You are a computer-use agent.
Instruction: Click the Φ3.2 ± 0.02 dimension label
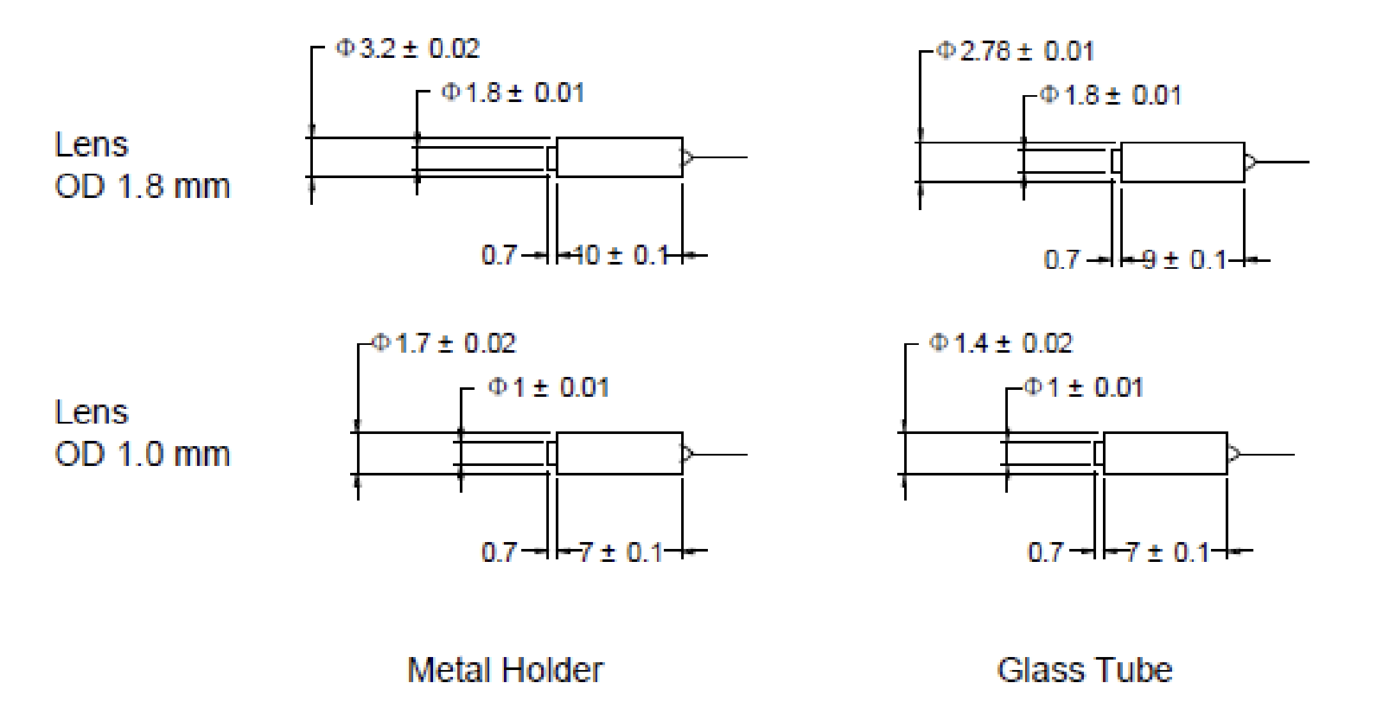point(407,48)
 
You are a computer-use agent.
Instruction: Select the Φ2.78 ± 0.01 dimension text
point(1016,51)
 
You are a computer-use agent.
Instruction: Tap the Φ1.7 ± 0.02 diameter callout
point(444,344)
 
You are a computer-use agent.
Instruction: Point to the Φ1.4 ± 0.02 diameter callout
point(1001,343)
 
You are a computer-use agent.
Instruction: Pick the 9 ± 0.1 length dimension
point(1183,259)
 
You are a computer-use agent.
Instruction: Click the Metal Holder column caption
point(505,670)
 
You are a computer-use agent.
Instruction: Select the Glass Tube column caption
point(1084,670)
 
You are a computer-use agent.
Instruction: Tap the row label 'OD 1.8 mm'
point(143,186)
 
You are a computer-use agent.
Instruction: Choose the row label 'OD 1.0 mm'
point(143,454)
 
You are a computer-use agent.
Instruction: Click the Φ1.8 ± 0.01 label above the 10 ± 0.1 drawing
point(513,93)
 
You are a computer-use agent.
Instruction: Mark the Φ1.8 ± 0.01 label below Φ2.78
point(1110,95)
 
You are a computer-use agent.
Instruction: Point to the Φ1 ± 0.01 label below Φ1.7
point(548,386)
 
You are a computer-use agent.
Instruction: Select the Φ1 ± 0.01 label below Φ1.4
point(1083,386)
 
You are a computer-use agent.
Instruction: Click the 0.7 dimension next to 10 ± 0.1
point(499,255)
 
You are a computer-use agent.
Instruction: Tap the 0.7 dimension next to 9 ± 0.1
point(1061,259)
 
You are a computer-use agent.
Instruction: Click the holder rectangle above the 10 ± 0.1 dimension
point(619,157)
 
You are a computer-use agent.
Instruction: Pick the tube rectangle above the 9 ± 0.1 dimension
point(1182,162)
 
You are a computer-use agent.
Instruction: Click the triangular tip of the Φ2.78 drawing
point(1250,162)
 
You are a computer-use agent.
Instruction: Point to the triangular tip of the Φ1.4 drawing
point(1233,454)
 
